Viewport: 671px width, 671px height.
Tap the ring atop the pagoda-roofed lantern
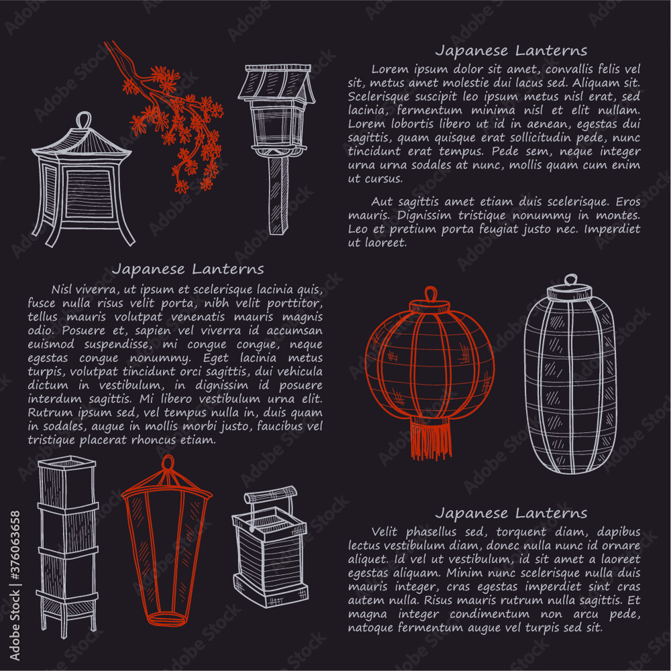[x=83, y=120]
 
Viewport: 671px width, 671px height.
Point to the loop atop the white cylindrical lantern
[x=570, y=280]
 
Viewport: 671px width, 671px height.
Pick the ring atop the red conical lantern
[x=167, y=464]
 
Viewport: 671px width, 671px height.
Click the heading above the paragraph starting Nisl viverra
[x=188, y=269]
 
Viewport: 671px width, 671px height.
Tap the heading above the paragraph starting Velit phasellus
[x=511, y=513]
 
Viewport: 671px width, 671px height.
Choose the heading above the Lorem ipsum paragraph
[x=511, y=50]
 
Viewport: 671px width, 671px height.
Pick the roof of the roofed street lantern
[x=277, y=84]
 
